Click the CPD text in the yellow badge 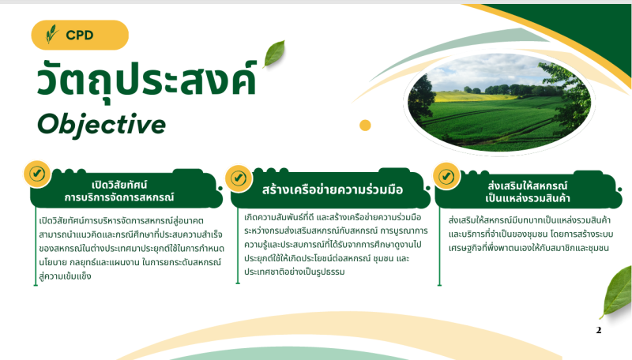point(80,35)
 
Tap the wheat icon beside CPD point(52,34)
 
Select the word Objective point(102,125)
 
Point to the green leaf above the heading point(274,54)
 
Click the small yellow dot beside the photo point(365,126)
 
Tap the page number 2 point(599,330)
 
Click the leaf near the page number point(617,292)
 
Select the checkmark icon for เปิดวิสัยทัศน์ point(37,174)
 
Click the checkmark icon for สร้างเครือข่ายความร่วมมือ point(239,178)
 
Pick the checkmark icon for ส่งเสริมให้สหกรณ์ point(446,176)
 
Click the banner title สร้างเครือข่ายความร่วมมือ point(333,189)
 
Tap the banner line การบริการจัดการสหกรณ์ point(119,197)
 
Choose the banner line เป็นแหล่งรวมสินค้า point(528,198)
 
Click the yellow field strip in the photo point(476,96)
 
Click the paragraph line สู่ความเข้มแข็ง point(65,276)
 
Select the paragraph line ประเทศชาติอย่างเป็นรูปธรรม point(294,272)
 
